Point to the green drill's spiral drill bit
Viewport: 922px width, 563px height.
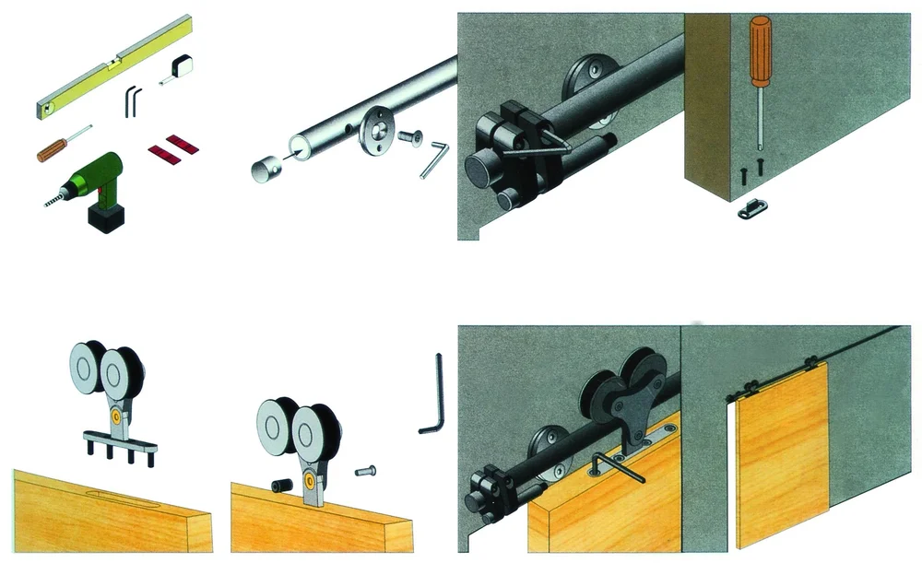click(57, 196)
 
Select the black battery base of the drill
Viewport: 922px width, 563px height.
click(106, 217)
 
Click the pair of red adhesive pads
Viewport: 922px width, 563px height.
click(172, 147)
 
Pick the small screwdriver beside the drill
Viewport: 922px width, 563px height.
click(61, 144)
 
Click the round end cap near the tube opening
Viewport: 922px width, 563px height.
click(265, 169)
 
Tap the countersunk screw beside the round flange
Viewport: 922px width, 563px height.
click(408, 138)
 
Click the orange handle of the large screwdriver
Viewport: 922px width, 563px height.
click(760, 51)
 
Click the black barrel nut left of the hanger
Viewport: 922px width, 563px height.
click(280, 484)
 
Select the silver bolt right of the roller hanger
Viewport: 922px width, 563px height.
click(364, 471)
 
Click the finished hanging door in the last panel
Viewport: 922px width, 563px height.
click(781, 452)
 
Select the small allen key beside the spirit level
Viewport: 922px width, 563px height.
click(133, 100)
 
